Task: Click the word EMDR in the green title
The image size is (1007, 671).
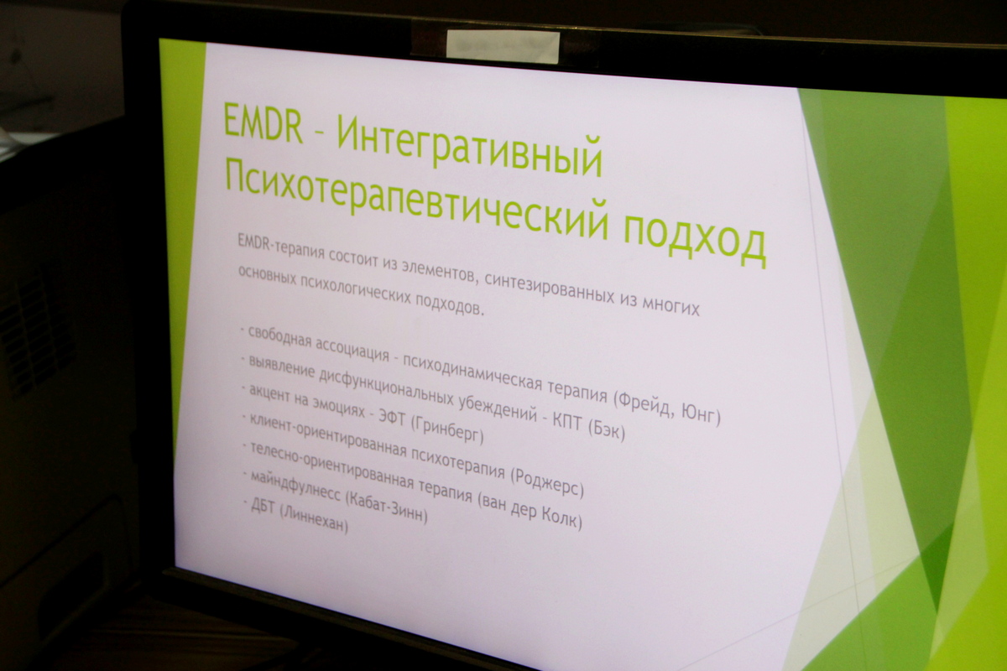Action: [x=263, y=122]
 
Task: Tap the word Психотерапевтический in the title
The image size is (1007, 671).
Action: [x=417, y=197]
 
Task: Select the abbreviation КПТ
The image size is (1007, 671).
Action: [x=567, y=422]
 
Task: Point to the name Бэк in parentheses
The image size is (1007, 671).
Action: [x=607, y=430]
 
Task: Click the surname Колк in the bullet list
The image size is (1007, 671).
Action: [x=561, y=517]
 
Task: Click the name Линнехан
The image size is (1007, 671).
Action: [x=314, y=520]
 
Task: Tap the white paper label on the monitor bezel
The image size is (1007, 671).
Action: [x=503, y=47]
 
